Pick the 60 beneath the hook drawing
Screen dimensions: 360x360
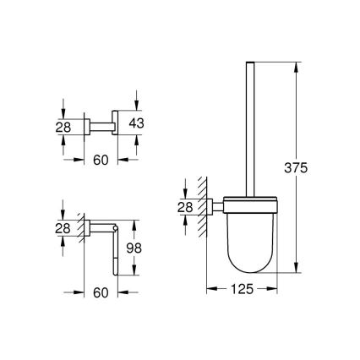(x=101, y=159)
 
